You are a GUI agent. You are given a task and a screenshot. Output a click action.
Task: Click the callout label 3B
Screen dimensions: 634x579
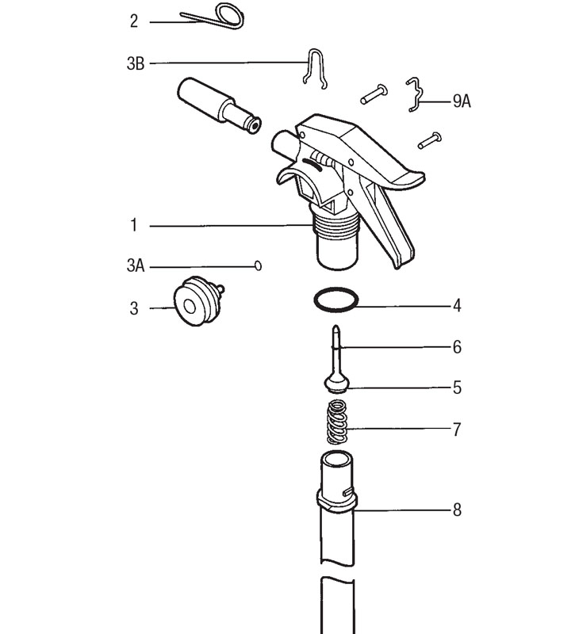(x=135, y=63)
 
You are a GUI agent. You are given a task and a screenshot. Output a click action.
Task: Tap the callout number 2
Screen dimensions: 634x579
(x=134, y=21)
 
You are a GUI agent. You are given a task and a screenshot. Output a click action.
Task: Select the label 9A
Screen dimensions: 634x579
(x=462, y=101)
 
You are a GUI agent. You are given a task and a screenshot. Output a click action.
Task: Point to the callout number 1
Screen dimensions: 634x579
(x=134, y=226)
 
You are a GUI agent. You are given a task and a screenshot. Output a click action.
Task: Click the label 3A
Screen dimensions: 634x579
(x=135, y=267)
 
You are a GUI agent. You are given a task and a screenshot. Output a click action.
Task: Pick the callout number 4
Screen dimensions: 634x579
(x=457, y=305)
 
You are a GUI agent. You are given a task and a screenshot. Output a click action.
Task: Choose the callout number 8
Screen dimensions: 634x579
(x=457, y=510)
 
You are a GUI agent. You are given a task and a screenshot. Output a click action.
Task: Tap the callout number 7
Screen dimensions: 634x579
(x=457, y=430)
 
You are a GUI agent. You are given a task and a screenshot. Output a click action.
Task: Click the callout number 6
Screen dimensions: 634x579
(x=457, y=347)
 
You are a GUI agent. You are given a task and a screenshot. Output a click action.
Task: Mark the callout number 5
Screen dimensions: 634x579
(x=457, y=388)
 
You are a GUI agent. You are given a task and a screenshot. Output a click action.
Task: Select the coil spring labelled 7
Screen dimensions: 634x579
(x=338, y=423)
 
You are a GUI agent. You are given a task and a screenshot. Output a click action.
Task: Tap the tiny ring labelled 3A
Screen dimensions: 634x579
(x=259, y=266)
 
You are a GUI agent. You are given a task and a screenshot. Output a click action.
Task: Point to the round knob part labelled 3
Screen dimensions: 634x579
(x=193, y=302)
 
